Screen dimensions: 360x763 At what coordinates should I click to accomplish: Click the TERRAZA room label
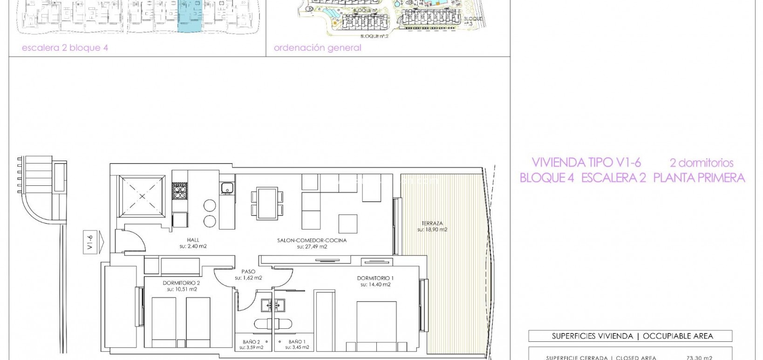(431, 223)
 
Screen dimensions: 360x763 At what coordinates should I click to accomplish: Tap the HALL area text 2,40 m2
(193, 246)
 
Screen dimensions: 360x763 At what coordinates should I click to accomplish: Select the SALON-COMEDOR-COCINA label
(312, 241)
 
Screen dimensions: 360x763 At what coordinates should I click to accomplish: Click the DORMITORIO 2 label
(181, 283)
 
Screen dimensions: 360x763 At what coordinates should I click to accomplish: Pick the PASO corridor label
(248, 272)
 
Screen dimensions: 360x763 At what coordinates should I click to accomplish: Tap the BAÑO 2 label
(251, 342)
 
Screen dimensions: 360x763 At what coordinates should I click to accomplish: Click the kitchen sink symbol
(227, 189)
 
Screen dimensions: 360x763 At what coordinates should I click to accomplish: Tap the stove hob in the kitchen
(179, 191)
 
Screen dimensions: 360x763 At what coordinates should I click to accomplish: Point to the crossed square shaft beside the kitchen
(142, 196)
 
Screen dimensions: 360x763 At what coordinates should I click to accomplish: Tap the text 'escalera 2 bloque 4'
(65, 48)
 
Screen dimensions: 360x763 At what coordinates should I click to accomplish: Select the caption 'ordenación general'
(317, 48)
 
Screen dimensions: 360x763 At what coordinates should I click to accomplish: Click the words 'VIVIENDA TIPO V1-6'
(586, 163)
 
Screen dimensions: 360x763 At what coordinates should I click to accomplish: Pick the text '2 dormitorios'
(701, 163)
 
